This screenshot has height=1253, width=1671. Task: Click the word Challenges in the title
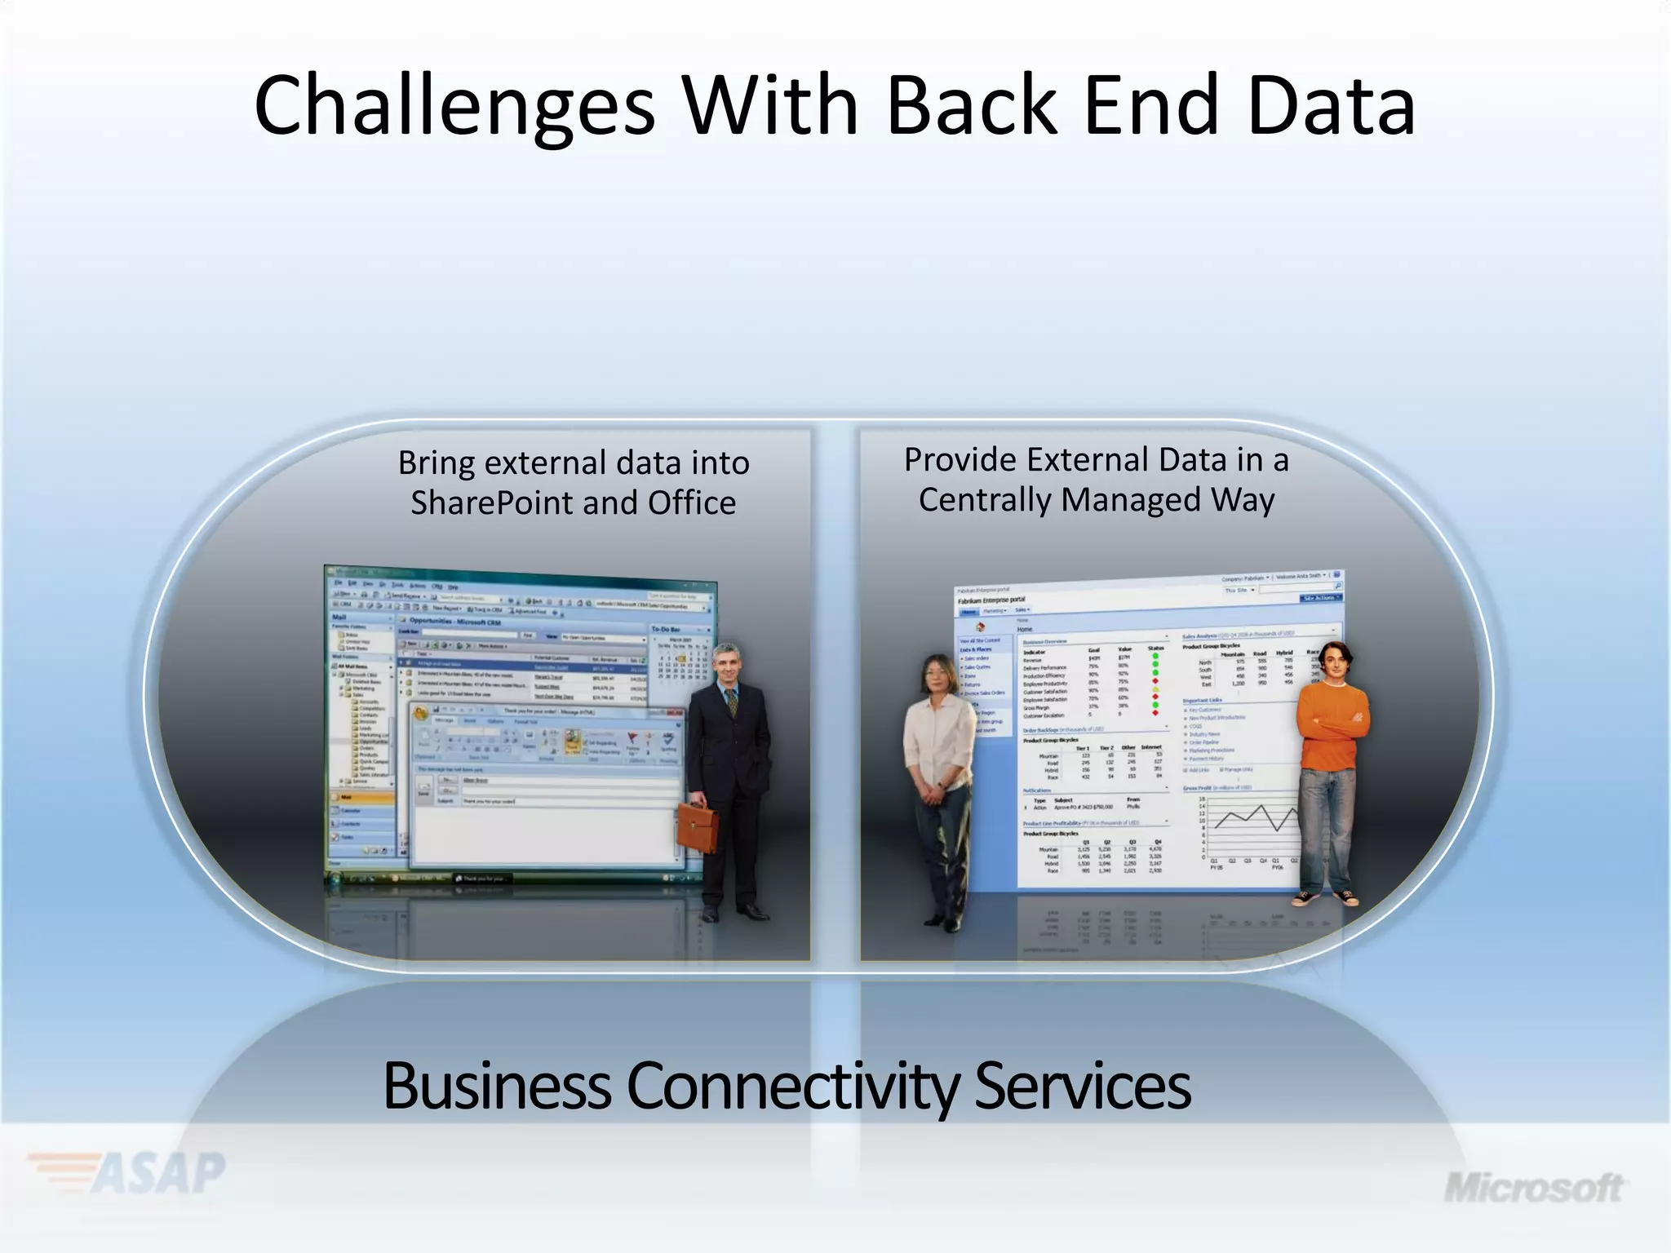pyautogui.click(x=454, y=106)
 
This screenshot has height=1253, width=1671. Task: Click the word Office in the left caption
pyautogui.click(x=692, y=503)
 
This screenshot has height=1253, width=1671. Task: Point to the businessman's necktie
pyautogui.click(x=732, y=701)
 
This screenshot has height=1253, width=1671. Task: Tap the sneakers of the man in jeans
pyautogui.click(x=1326, y=898)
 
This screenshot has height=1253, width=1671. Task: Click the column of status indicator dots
pyautogui.click(x=1155, y=684)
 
